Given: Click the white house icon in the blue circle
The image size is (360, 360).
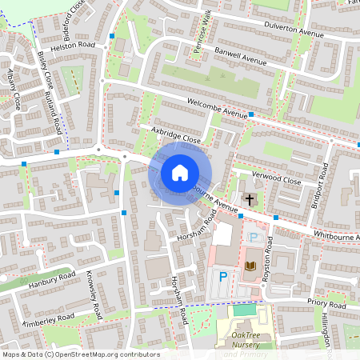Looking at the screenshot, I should click(x=179, y=173).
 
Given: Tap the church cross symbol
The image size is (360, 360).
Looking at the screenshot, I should click(x=249, y=198).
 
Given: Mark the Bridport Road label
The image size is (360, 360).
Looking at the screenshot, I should click(x=324, y=183).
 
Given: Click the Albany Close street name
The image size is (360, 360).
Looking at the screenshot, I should click(x=13, y=87).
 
